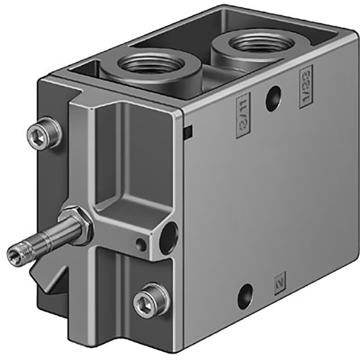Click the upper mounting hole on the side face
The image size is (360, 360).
point(273,98)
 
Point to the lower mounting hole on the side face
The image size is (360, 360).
point(245,296)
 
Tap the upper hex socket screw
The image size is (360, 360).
point(45,132)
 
